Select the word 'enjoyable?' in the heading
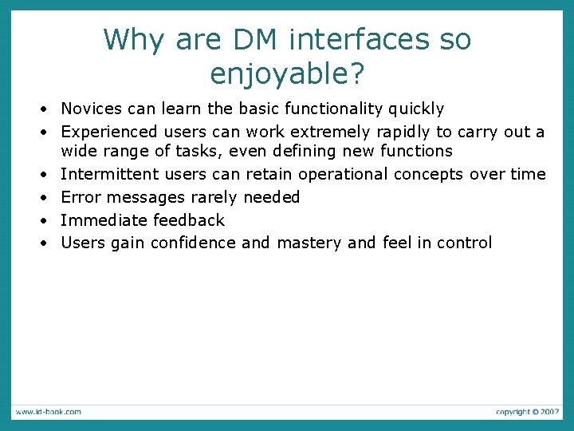point(287,73)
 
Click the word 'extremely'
point(336,131)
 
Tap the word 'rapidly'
point(404,131)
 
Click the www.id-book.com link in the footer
point(47,411)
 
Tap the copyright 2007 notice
point(527,411)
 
